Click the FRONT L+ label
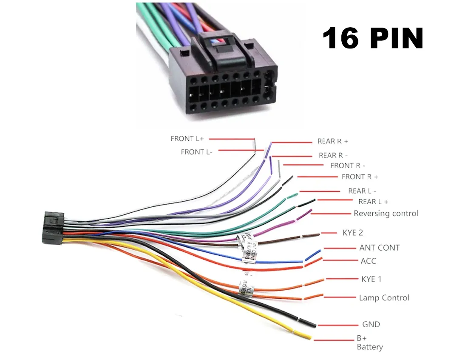(x=187, y=139)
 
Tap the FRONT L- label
(x=197, y=152)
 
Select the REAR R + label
(x=333, y=141)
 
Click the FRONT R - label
(x=348, y=166)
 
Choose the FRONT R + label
(x=360, y=177)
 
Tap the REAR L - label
(x=362, y=191)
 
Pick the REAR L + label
(x=373, y=202)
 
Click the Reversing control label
(x=386, y=213)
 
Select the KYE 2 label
(x=353, y=233)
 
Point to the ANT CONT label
(x=379, y=248)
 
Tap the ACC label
(x=368, y=261)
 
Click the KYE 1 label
(x=371, y=279)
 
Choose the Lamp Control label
(x=384, y=298)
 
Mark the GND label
(x=371, y=324)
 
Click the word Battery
(x=370, y=347)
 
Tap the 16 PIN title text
(x=372, y=38)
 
